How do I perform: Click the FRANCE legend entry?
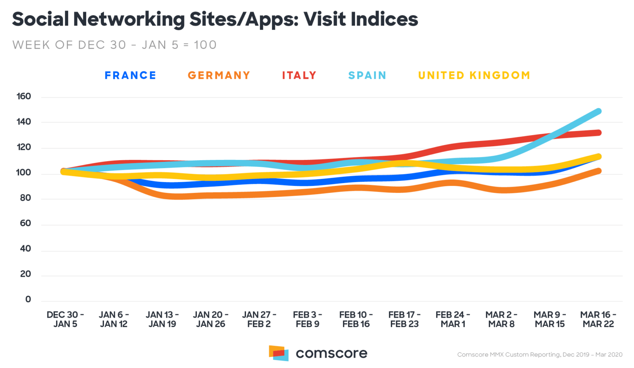pos(130,75)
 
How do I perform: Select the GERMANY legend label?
pos(219,75)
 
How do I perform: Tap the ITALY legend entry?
pos(299,75)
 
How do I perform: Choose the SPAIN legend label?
pos(367,75)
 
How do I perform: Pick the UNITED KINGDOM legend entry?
pos(474,75)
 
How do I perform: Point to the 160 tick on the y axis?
pos(24,96)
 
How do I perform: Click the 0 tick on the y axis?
pos(28,299)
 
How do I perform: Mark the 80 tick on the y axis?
pos(25,198)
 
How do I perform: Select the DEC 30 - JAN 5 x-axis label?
pos(65,319)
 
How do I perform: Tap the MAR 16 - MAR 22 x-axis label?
pos(598,319)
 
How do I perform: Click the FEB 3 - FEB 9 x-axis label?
pos(308,319)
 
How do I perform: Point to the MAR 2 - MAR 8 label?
pos(501,319)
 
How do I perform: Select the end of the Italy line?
pos(598,133)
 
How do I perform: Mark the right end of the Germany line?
pos(598,171)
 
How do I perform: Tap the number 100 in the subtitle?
pos(205,45)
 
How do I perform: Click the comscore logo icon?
pos(279,353)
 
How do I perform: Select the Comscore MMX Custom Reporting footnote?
pos(539,354)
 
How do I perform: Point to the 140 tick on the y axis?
pos(24,121)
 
